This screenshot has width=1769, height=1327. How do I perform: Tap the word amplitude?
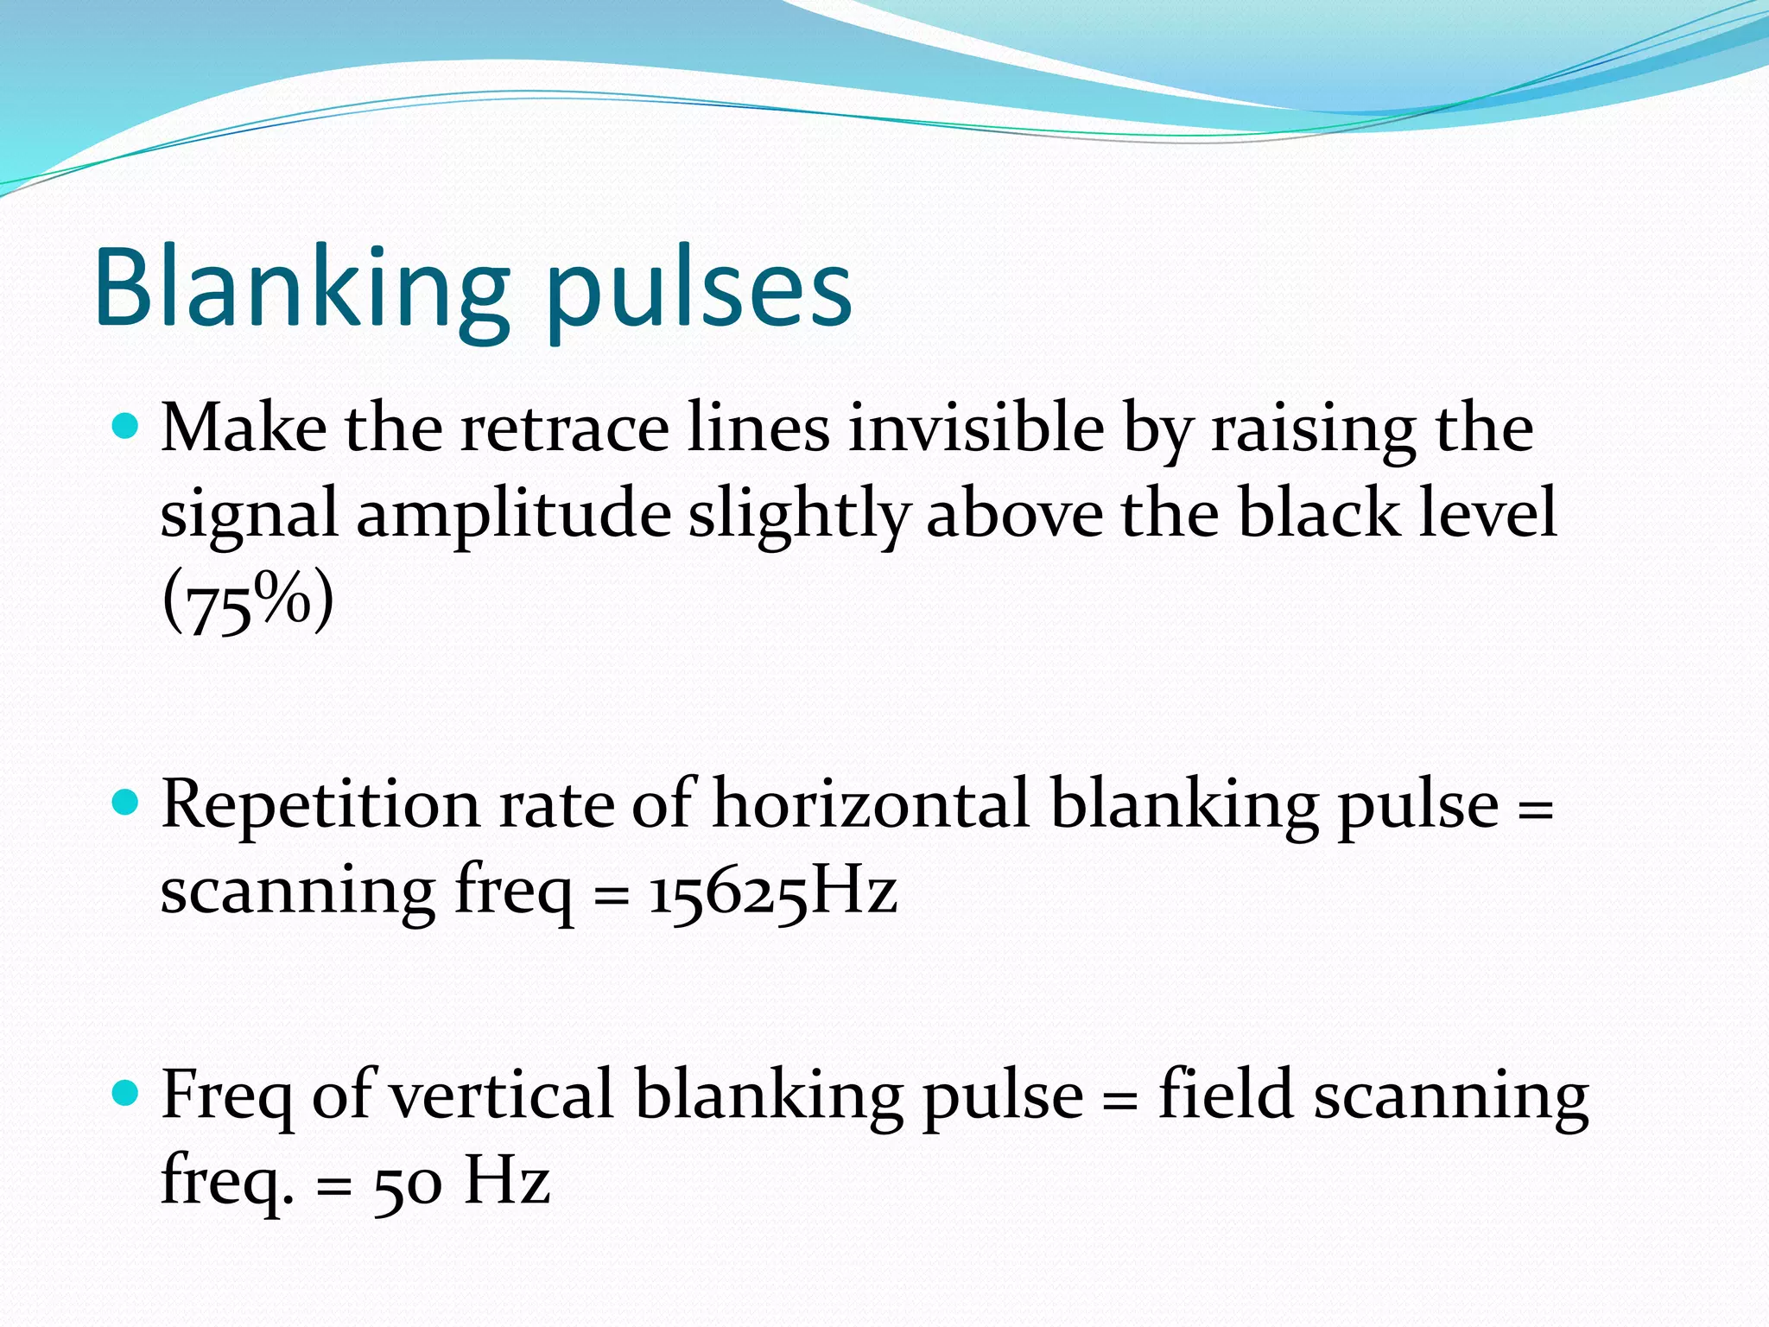point(513,515)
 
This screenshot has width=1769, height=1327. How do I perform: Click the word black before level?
point(1318,513)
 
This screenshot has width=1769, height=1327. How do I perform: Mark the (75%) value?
point(248,601)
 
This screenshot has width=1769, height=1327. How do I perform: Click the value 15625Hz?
point(773,892)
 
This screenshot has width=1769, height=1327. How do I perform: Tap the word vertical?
point(502,1095)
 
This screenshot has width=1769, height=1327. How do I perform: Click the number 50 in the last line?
point(407,1183)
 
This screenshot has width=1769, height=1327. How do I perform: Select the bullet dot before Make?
point(126,426)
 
